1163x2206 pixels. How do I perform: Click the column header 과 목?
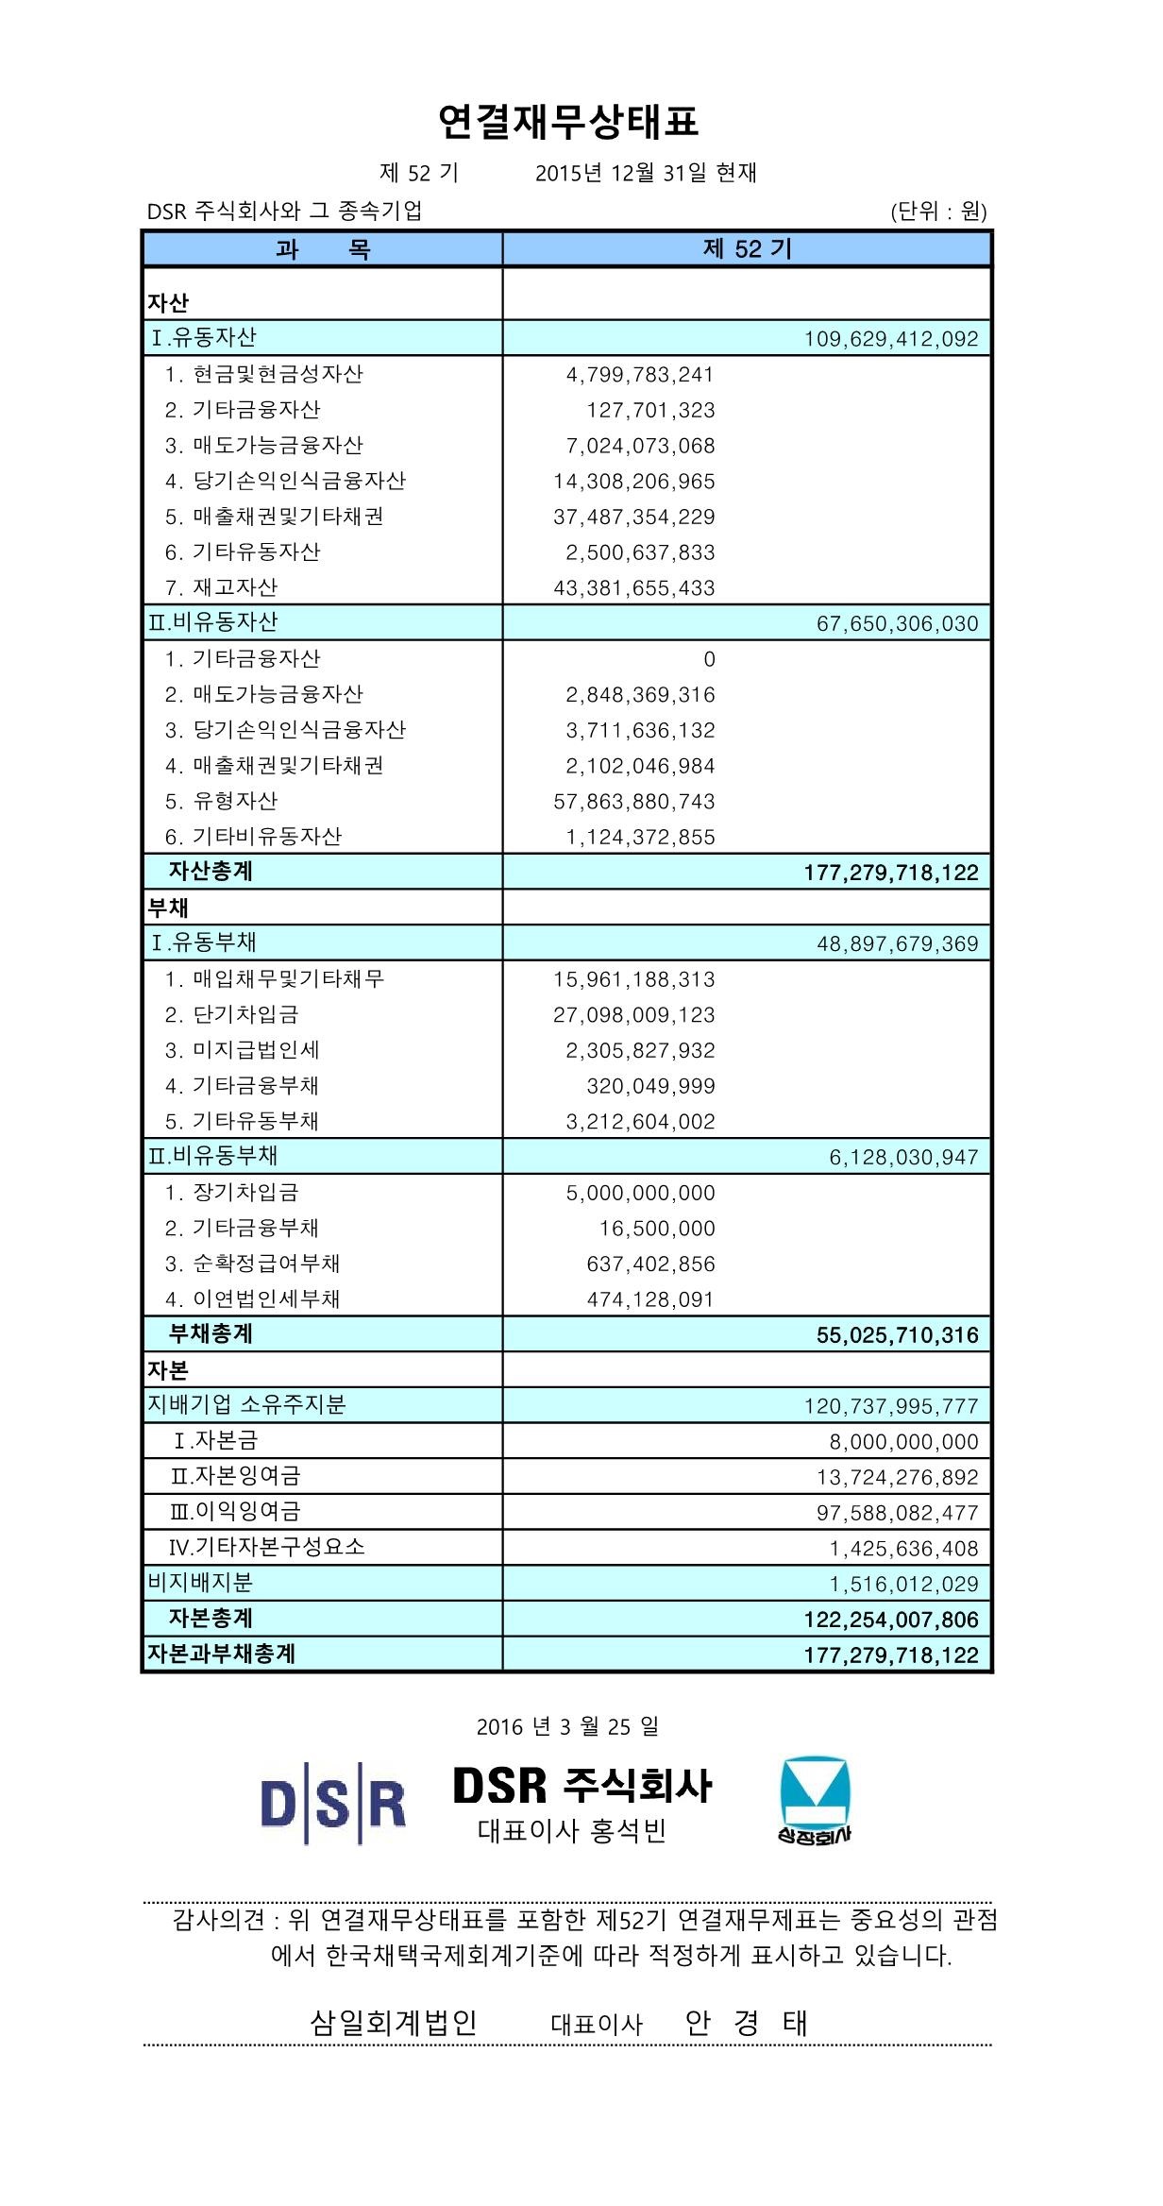tap(323, 249)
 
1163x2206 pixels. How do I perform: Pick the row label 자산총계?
tap(211, 871)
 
